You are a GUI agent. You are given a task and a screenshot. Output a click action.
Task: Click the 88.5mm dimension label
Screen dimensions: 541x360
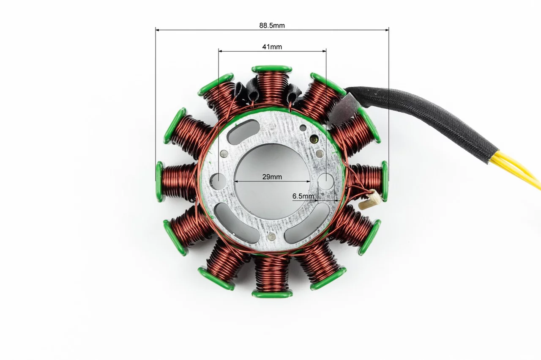coord(272,25)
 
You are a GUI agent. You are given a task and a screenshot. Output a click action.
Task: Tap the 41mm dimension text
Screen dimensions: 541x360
coord(272,47)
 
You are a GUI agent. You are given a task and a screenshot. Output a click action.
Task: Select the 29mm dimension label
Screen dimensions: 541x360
coord(272,177)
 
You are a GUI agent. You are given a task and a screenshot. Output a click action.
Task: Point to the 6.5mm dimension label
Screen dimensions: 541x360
coord(303,196)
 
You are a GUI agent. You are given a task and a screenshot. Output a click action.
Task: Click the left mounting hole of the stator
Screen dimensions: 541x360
coord(218,181)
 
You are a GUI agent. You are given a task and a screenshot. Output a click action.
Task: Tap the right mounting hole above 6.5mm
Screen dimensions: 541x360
coord(326,181)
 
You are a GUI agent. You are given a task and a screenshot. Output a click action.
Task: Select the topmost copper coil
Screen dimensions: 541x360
coord(272,89)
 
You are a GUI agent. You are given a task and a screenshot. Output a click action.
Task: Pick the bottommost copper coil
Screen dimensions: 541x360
coord(272,275)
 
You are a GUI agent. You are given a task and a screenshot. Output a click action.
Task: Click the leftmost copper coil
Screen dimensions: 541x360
coord(179,181)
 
